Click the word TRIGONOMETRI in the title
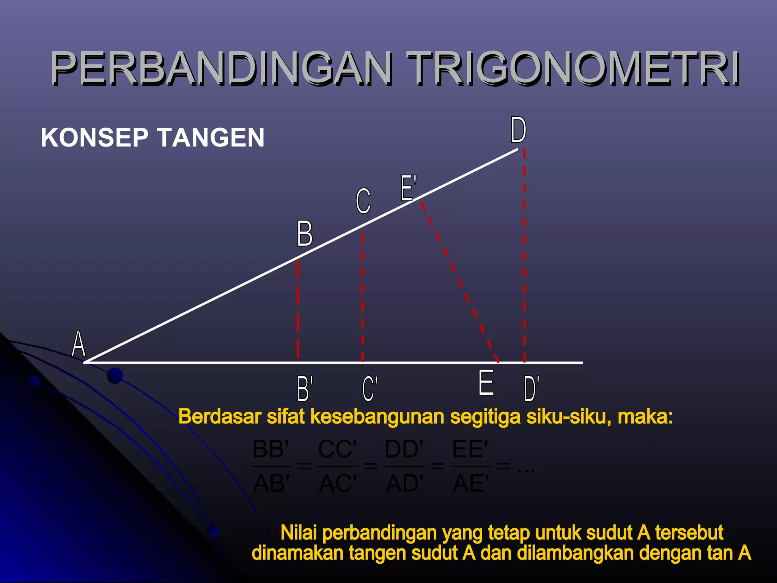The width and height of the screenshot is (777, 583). click(573, 68)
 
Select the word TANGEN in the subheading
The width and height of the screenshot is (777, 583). click(211, 137)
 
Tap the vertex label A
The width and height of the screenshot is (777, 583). click(79, 343)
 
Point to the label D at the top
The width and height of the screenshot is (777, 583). click(518, 130)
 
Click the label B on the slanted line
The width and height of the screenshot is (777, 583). click(305, 233)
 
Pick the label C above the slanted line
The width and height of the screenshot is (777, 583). click(363, 201)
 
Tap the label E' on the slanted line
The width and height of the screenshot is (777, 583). click(409, 188)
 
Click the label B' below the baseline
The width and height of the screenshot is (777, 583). click(305, 388)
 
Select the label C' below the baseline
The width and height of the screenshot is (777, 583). click(370, 388)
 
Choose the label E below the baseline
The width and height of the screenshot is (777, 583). click(486, 383)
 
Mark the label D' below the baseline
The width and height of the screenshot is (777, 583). click(531, 388)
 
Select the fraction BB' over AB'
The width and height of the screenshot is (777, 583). click(271, 466)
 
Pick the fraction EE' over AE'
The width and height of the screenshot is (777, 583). click(470, 466)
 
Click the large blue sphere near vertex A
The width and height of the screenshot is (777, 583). click(115, 376)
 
